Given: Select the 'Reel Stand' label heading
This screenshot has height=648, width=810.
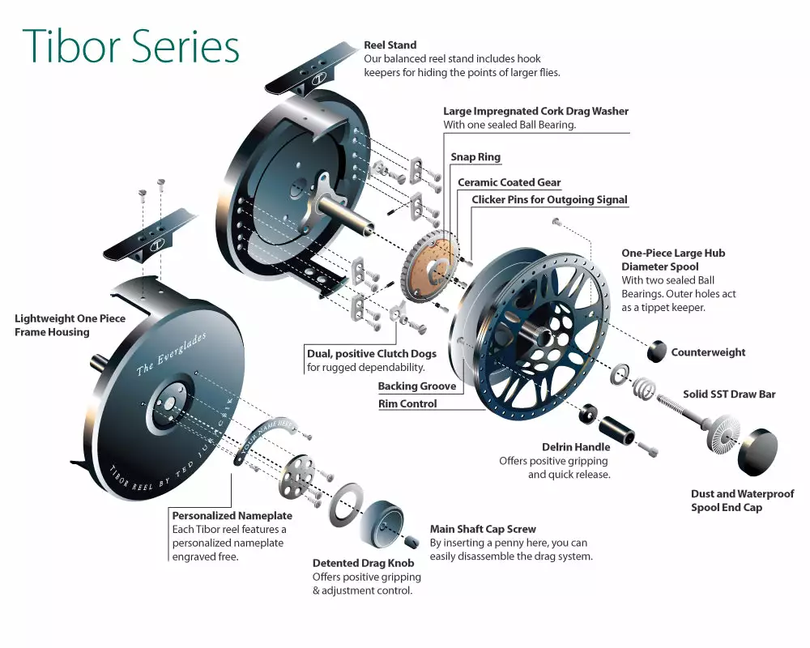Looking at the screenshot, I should [390, 45].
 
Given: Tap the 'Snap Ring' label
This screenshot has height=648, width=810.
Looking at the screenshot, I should [475, 157].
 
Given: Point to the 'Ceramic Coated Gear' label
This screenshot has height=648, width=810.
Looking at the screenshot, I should [509, 183].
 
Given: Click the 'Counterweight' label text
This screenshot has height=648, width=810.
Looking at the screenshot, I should [708, 352].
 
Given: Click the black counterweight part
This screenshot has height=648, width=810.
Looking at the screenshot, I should [658, 352].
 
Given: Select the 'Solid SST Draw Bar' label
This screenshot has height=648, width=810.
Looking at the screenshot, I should [729, 394].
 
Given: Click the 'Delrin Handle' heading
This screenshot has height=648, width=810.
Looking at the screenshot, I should [576, 447].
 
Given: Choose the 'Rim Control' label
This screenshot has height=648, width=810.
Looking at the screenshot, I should [407, 403].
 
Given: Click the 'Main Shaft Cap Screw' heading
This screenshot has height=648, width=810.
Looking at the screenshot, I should [483, 530].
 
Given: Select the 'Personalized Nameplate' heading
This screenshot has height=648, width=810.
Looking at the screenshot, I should [232, 515].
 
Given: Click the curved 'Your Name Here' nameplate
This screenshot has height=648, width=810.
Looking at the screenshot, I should [267, 437].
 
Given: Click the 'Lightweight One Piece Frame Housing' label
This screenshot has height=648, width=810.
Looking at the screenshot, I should [70, 325].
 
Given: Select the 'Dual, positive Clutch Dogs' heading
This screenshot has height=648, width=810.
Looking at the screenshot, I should [372, 354].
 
